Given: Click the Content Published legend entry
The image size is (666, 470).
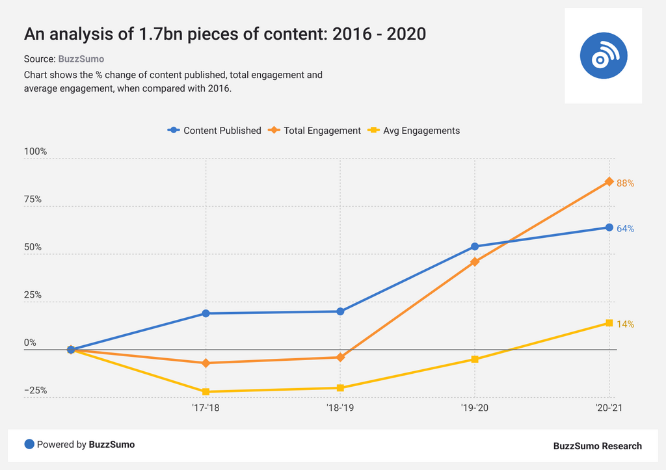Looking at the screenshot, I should pos(215,131).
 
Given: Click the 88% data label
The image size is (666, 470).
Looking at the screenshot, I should pos(625,183).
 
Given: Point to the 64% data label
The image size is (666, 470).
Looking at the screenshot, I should pos(625,229).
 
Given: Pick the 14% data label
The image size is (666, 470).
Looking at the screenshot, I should pos(625,324).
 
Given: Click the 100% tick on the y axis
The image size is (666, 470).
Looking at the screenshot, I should pos(35,151).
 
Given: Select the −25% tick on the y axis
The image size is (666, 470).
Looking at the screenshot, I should pos(35,391).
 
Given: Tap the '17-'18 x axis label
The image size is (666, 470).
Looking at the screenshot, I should pos(206,408).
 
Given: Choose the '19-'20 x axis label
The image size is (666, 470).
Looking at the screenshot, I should pos(475,408).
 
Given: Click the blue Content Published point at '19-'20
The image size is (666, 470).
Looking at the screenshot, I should pos(475,246).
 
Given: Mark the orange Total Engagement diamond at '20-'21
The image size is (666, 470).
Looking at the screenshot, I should pos(609,181).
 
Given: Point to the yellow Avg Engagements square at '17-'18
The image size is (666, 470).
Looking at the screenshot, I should pos(206,392).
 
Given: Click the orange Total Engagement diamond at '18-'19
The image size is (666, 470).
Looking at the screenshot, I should pos(340,358).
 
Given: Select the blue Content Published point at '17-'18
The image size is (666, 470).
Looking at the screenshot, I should pos(206,313).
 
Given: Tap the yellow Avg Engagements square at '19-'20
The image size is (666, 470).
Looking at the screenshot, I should pos(475,359).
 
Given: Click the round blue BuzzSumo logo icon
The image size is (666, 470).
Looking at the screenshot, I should pos(603,56).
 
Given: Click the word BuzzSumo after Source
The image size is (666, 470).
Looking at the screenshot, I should pos(81,59).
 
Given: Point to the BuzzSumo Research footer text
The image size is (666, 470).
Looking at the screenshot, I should pos(597,446).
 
